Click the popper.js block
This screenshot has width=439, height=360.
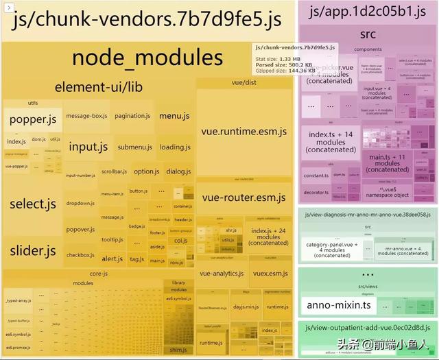pyautogui.click(x=32, y=120)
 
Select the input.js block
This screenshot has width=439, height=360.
pyautogui.click(x=88, y=147)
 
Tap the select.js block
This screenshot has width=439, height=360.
pyautogui.click(x=32, y=204)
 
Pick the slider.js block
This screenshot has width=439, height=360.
pyautogui.click(x=32, y=251)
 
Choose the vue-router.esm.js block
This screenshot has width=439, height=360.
pyautogui.click(x=244, y=197)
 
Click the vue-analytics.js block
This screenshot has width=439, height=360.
pyautogui.click(x=222, y=273)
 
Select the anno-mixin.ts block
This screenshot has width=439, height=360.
pyautogui.click(x=329, y=304)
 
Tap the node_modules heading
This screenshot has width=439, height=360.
pyautogui.click(x=147, y=58)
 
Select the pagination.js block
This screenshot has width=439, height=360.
pyautogui.click(x=132, y=116)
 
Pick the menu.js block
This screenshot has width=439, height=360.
pyautogui.click(x=174, y=116)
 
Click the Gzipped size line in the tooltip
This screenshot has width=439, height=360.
pyautogui.click(x=285, y=70)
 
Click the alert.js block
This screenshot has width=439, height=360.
pyautogui.click(x=112, y=259)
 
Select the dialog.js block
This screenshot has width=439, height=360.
pyautogui.click(x=178, y=171)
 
